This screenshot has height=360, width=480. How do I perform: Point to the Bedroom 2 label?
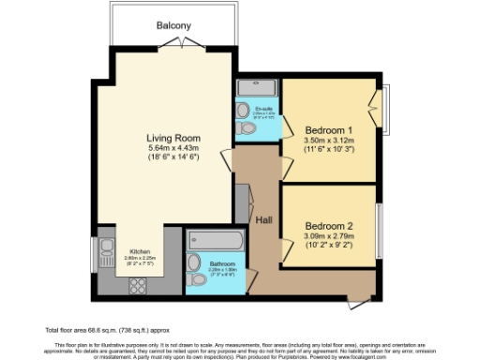331,225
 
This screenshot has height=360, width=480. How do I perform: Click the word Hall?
263,219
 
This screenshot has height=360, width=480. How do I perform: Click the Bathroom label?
221,262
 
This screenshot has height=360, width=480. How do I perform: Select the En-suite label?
264,109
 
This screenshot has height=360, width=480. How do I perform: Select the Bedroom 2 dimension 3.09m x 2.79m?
331,237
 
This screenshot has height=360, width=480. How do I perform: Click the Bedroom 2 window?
381,225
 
